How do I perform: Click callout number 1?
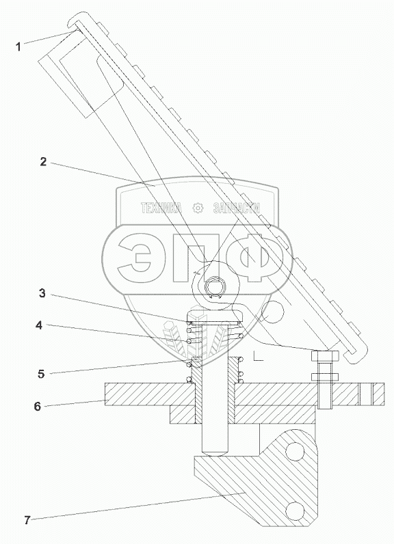click(18, 47)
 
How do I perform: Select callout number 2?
click(43, 162)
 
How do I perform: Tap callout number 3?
click(42, 293)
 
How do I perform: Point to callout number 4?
click(39, 325)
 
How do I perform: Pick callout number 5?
click(41, 374)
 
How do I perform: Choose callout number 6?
click(38, 406)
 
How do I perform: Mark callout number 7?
click(27, 520)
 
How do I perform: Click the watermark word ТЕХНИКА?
click(161, 208)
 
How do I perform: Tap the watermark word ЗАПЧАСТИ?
click(237, 208)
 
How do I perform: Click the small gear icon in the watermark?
click(197, 208)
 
